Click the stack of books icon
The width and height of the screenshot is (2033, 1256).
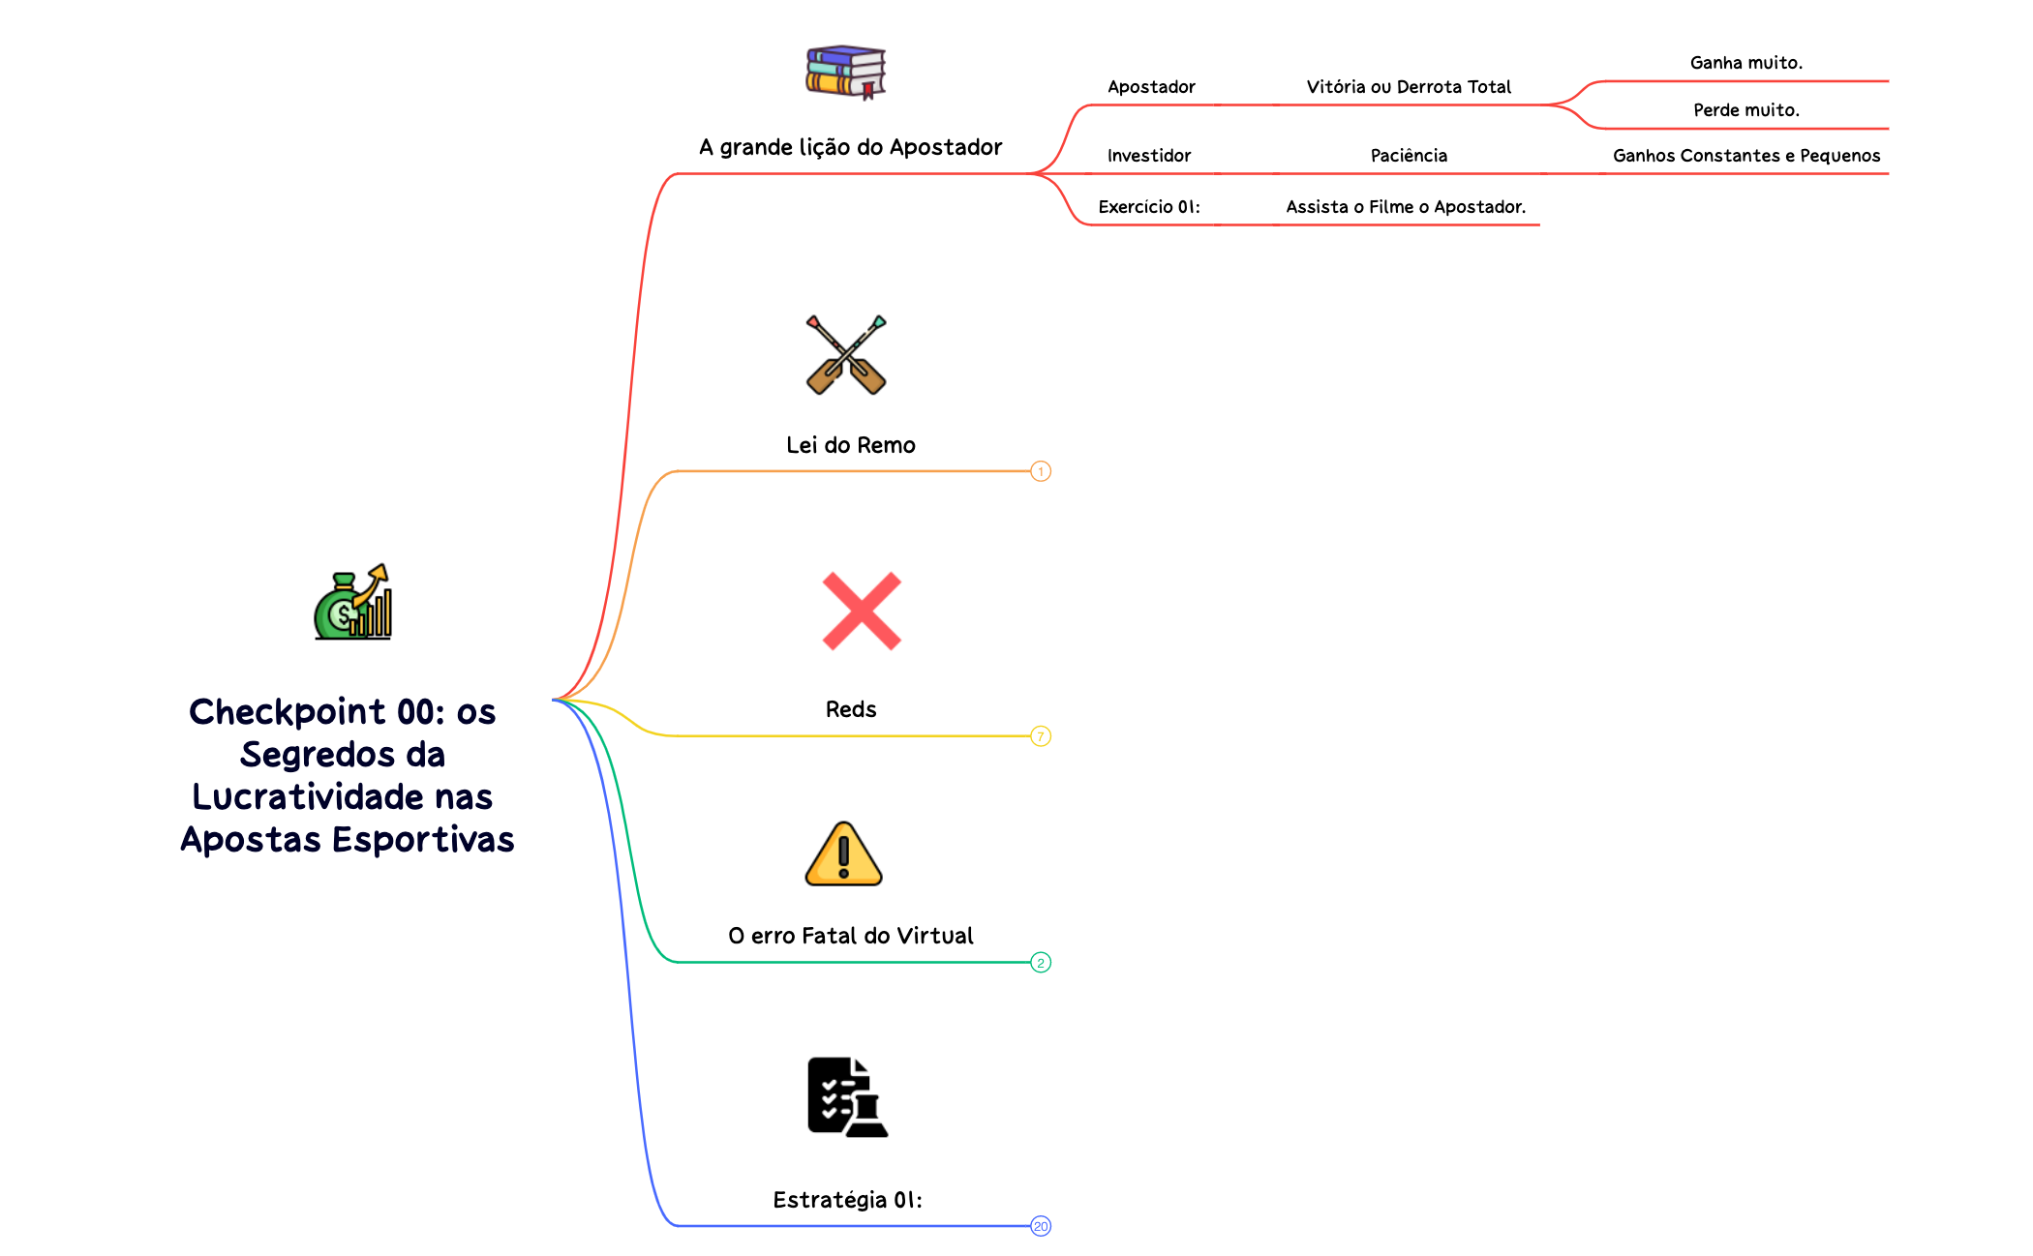[x=845, y=72]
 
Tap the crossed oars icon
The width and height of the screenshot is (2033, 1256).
[x=846, y=355]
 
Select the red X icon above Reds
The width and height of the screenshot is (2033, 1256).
[x=862, y=611]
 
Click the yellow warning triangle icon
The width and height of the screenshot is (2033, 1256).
[x=843, y=854]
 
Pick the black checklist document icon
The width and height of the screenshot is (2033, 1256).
[x=846, y=1097]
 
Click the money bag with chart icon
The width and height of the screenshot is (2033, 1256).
[x=353, y=603]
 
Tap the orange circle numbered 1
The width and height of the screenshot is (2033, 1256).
[x=1041, y=471]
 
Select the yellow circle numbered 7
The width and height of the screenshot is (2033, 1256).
[x=1041, y=736]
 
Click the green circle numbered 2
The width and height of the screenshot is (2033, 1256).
[x=1041, y=963]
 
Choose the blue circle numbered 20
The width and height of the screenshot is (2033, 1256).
[x=1041, y=1226]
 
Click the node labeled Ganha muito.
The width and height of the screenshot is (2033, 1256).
[x=1745, y=63]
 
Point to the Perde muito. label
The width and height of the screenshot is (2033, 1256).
[x=1745, y=110]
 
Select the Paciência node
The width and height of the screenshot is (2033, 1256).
[x=1409, y=156]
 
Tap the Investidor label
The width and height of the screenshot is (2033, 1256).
[x=1149, y=156]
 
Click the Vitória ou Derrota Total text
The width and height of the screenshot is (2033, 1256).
[x=1409, y=87]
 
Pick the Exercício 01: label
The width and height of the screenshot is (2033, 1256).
[x=1149, y=207]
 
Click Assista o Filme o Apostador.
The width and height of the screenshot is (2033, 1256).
[x=1406, y=207]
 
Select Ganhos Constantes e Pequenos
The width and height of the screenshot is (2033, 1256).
[x=1746, y=156]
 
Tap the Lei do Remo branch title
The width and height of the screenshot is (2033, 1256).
[x=851, y=445]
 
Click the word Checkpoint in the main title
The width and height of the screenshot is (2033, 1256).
[x=287, y=712]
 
